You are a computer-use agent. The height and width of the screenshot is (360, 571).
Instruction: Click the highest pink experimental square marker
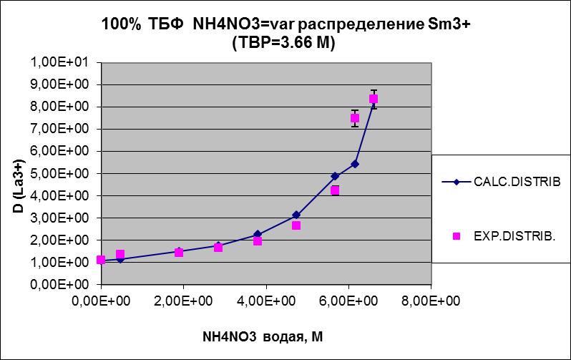(374, 99)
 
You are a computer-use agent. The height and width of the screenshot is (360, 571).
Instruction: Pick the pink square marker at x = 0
(101, 261)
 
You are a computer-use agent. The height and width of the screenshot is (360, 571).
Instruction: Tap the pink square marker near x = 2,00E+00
(179, 253)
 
